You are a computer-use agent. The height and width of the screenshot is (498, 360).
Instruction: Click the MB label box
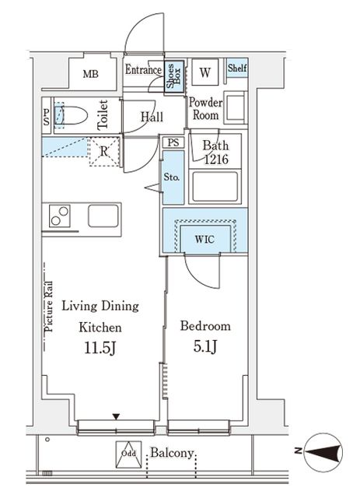pyautogui.click(x=91, y=75)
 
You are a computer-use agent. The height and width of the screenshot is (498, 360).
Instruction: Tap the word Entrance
pyautogui.click(x=143, y=70)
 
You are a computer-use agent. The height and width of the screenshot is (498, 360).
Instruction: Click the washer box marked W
pyautogui.click(x=205, y=73)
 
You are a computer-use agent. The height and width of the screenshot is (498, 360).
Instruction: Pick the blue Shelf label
pyautogui.click(x=237, y=68)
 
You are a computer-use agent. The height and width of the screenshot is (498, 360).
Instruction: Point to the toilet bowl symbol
pyautogui.click(x=72, y=117)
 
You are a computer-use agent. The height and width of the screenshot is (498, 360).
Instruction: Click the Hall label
pyautogui.click(x=152, y=117)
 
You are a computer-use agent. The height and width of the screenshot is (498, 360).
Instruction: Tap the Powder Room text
pyautogui.click(x=205, y=109)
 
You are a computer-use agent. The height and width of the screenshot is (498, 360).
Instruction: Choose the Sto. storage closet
pyautogui.click(x=173, y=177)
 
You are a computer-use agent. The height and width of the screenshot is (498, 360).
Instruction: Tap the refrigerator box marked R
pyautogui.click(x=103, y=151)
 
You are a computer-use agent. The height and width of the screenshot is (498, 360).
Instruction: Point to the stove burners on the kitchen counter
pyautogui.click(x=60, y=216)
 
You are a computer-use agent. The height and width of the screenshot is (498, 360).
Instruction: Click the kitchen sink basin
pyautogui.click(x=103, y=216)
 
